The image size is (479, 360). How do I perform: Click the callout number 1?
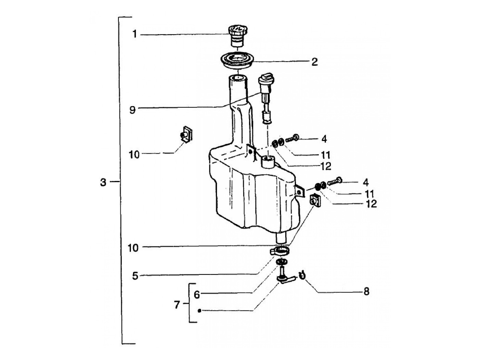[x=135, y=34]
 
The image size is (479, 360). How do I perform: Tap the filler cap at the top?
[x=237, y=36]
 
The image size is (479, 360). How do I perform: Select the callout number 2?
[x=314, y=62]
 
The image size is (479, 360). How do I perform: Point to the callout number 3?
[x=103, y=182]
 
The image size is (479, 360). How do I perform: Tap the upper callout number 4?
[x=324, y=139]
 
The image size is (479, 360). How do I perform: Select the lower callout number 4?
[x=365, y=182]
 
